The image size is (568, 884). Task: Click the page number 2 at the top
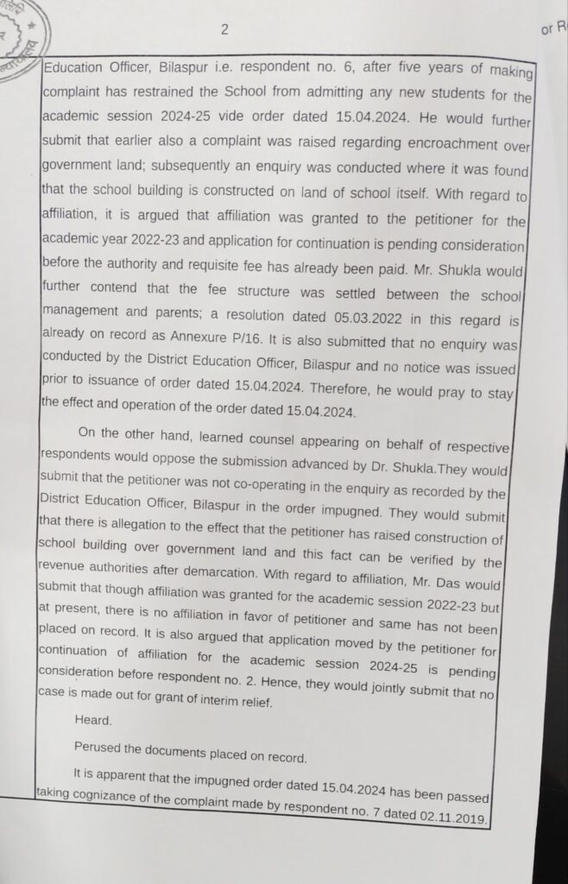224,30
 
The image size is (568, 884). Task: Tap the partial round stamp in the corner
19,35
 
